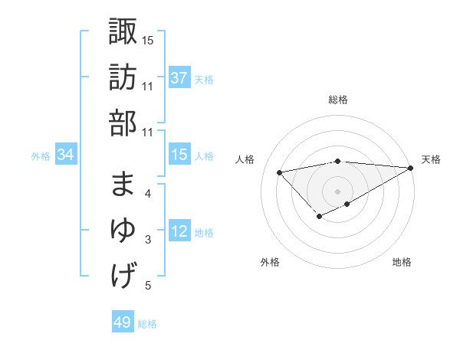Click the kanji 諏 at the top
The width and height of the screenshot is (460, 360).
[x=123, y=32]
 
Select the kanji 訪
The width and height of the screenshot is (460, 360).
[x=123, y=78]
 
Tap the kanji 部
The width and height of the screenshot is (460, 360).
[x=123, y=123]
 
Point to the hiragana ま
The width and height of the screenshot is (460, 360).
[x=123, y=184]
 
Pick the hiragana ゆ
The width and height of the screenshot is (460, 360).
[x=123, y=230]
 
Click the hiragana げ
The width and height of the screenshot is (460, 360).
[x=123, y=275]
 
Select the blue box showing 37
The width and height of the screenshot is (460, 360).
[x=179, y=78]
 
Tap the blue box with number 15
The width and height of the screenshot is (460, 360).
[x=179, y=155]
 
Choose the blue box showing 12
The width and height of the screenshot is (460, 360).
[x=179, y=232]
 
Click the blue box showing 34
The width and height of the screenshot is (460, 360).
[x=66, y=155]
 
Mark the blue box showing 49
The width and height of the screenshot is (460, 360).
[x=123, y=322]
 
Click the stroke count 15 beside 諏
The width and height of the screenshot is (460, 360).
[x=148, y=40]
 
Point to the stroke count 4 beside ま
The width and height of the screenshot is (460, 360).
[x=147, y=193]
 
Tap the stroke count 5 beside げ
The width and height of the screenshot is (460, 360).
[x=147, y=286]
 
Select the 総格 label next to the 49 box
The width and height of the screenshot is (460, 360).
[x=147, y=324]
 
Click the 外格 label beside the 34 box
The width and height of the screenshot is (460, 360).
[x=41, y=156]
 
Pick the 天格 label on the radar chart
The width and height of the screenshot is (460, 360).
[x=431, y=159]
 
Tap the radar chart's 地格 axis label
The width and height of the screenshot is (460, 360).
[x=402, y=262]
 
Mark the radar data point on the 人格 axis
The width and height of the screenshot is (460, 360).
[x=279, y=172]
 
